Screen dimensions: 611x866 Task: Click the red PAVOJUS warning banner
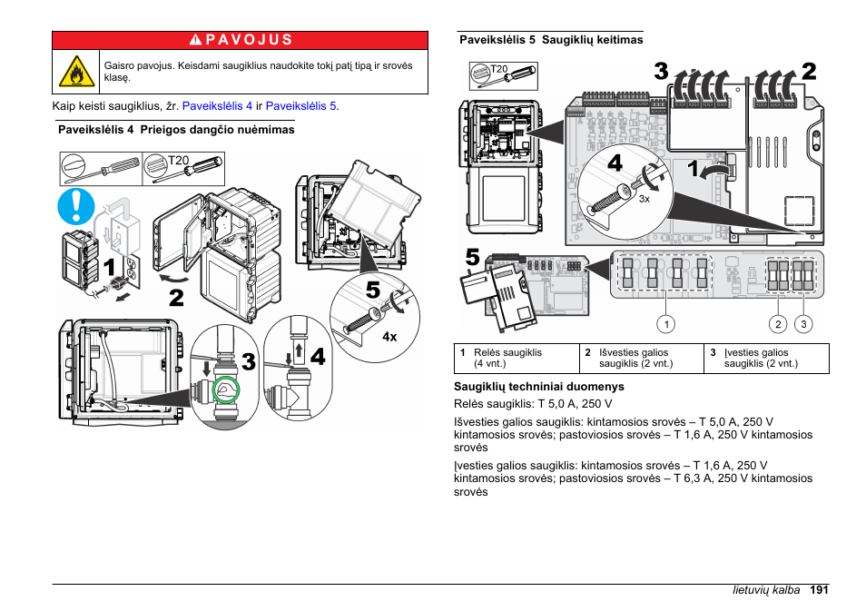click(240, 39)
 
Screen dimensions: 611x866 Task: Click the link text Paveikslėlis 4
click(217, 106)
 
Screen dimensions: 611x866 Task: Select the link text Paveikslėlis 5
click(300, 106)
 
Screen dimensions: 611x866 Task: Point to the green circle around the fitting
click(226, 391)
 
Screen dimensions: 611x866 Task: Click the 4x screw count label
click(389, 337)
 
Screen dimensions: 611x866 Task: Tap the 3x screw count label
click(645, 199)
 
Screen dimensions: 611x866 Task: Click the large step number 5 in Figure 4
click(373, 292)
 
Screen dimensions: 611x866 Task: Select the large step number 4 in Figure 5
click(615, 163)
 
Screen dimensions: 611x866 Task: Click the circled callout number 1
click(666, 324)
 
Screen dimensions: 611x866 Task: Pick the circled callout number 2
click(778, 324)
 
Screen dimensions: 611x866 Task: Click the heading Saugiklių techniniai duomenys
click(526, 386)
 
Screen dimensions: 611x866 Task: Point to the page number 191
click(819, 590)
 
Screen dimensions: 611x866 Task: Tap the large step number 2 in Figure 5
click(809, 71)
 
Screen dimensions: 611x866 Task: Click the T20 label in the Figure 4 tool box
click(178, 160)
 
